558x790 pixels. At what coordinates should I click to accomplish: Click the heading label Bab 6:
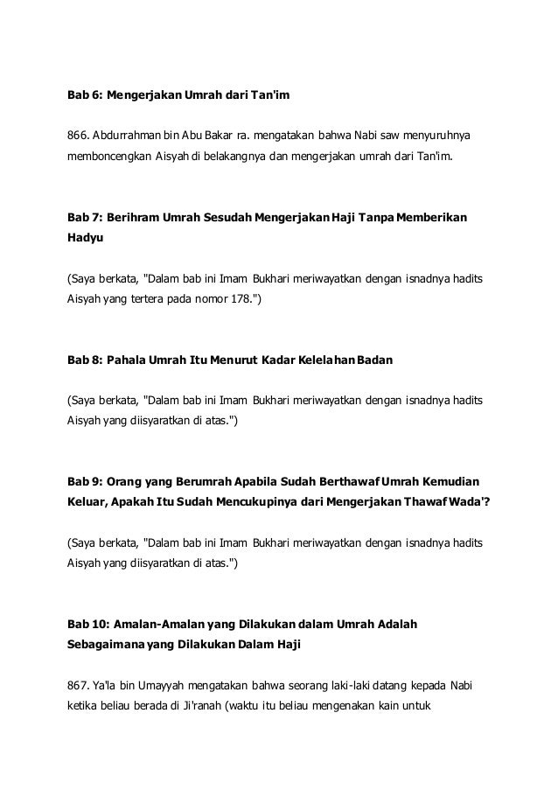coord(86,94)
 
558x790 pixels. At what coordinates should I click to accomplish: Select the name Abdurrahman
coord(131,137)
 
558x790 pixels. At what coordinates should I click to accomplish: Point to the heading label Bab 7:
coord(86,215)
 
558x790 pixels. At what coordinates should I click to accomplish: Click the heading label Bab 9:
coord(86,482)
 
